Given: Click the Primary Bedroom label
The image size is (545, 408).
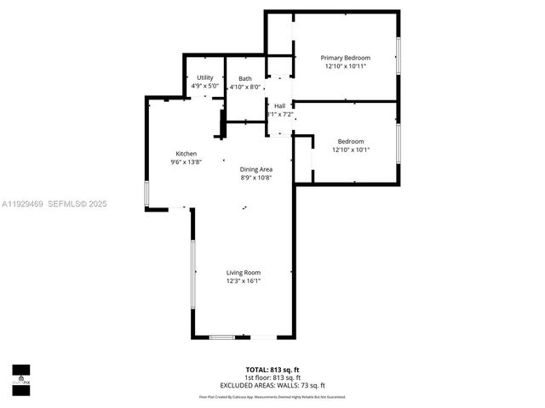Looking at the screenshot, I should [345, 58].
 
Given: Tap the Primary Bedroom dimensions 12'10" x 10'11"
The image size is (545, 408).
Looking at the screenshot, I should [345, 66].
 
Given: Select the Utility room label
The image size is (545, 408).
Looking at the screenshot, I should [205, 77].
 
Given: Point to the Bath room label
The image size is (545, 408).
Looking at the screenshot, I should [245, 78].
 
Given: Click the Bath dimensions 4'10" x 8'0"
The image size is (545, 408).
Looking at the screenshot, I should [245, 86].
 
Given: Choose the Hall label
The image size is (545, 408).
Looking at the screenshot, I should [279, 105].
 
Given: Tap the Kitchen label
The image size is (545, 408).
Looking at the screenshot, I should [186, 154].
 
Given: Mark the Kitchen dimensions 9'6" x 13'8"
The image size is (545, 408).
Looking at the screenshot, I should [186, 162].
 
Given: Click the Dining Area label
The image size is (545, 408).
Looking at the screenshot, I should [255, 169].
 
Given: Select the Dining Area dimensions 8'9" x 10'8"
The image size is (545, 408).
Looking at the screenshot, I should [255, 178].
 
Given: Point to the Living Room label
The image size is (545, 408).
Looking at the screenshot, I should [244, 272].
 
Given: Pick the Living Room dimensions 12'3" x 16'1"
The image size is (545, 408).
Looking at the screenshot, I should [244, 280].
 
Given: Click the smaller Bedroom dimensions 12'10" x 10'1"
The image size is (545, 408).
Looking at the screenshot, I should [351, 150].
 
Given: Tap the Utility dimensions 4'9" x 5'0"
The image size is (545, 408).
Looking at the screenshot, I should [205, 86].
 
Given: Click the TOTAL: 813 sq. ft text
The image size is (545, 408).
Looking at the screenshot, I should [272, 370].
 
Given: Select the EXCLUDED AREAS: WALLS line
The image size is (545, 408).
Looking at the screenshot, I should [272, 385].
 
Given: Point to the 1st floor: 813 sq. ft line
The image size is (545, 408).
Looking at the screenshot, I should [272, 377].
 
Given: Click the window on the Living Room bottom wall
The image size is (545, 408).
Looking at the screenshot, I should [222, 337].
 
